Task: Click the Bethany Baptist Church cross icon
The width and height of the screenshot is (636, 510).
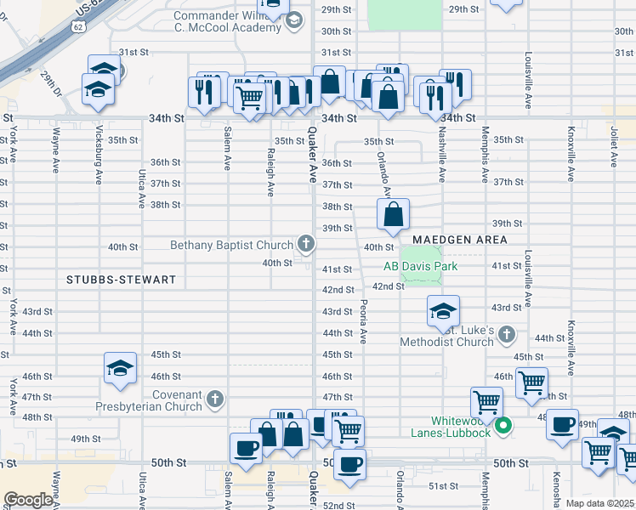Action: (305, 246)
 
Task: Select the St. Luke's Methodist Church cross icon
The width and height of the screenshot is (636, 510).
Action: (508, 333)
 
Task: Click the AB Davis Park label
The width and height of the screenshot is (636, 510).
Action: (420, 266)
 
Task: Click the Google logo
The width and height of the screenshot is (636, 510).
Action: (28, 500)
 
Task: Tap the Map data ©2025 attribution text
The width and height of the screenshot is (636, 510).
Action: (599, 503)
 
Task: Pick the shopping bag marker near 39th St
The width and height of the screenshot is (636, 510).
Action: (393, 216)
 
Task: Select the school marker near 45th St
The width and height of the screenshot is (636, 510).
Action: (120, 368)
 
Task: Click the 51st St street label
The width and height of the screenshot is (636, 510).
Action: (443, 486)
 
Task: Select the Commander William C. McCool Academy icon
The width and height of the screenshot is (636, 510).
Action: (294, 20)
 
